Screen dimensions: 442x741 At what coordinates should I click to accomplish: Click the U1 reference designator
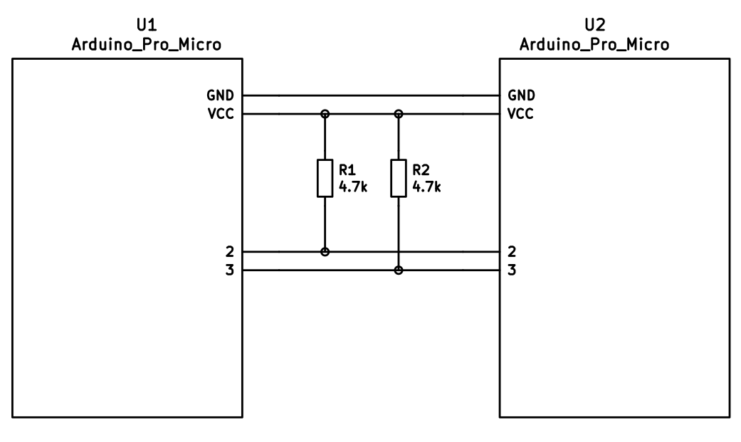pyautogui.click(x=146, y=26)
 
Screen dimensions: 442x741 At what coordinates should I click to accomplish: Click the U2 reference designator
pyautogui.click(x=594, y=26)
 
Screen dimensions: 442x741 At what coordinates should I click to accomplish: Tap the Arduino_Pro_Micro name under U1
pyautogui.click(x=146, y=45)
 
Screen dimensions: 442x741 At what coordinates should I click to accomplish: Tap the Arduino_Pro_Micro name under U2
pyautogui.click(x=594, y=45)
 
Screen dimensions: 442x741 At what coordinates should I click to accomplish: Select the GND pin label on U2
pyautogui.click(x=522, y=95)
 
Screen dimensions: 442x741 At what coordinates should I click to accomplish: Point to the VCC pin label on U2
pyautogui.click(x=521, y=113)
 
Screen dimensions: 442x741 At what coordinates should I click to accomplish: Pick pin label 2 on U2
pyautogui.click(x=512, y=251)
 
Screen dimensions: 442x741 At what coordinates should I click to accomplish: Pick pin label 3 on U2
pyautogui.click(x=512, y=270)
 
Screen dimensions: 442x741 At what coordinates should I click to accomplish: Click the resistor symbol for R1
pyautogui.click(x=325, y=178)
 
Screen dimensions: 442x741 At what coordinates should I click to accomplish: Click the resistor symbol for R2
pyautogui.click(x=399, y=178)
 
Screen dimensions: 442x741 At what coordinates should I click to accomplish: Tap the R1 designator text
pyautogui.click(x=347, y=170)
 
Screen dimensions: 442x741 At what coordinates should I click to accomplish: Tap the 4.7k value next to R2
pyautogui.click(x=426, y=187)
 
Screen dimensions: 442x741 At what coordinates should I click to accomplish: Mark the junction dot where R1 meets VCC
pyautogui.click(x=325, y=113)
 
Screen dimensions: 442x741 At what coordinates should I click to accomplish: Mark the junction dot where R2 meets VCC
pyautogui.click(x=399, y=113)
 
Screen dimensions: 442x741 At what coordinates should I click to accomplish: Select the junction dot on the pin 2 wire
pyautogui.click(x=325, y=251)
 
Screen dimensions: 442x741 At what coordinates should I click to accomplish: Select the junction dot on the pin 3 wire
pyautogui.click(x=399, y=270)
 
